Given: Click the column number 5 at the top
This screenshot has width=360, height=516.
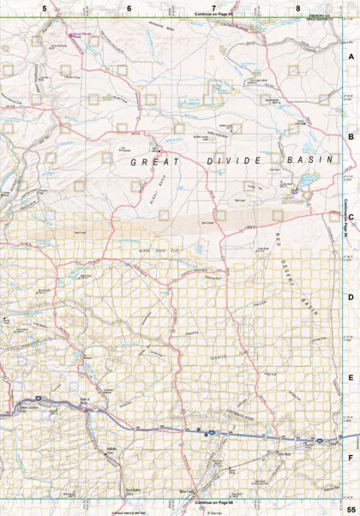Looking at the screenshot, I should tap(45, 8).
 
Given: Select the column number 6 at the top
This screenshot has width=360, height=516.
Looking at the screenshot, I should tap(129, 8).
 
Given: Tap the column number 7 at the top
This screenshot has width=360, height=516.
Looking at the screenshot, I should tap(213, 8).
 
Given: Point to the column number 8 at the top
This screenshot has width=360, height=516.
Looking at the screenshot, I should tap(297, 8).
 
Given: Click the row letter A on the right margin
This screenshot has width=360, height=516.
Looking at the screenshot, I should tap(350, 57).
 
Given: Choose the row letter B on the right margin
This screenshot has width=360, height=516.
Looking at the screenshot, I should tap(350, 136).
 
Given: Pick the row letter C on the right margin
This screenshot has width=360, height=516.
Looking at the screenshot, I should tap(350, 217).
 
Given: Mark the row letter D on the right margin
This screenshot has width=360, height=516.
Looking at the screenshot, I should tap(350, 297).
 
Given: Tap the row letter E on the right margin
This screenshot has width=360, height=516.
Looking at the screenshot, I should tap(350, 377).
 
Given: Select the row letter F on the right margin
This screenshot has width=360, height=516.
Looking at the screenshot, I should tap(350, 457).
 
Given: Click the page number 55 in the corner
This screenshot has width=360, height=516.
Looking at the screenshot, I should tap(350, 509).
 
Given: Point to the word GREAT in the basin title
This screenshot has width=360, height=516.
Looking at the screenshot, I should tap(149, 160).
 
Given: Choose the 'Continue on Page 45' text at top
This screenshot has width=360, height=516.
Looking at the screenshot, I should tap(214, 15).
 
